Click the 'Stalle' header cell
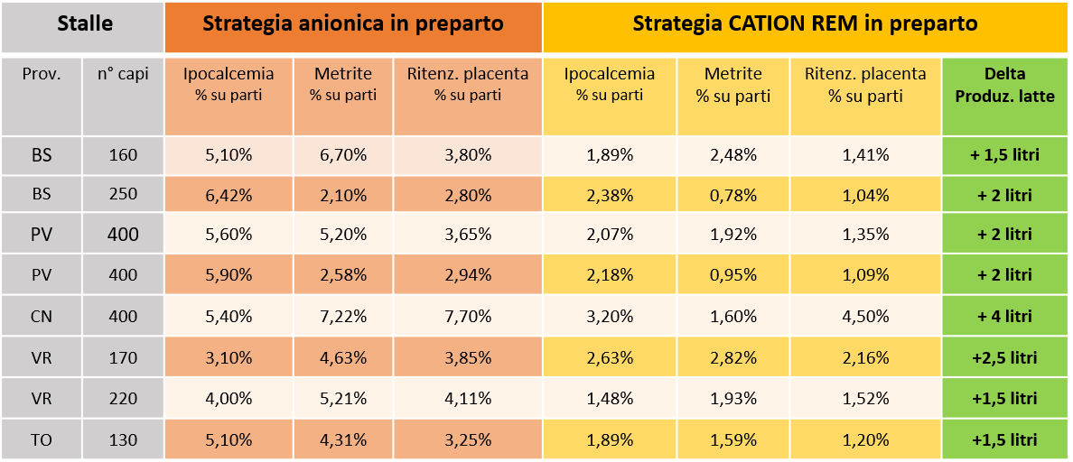(x=84, y=24)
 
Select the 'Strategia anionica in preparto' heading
(x=353, y=24)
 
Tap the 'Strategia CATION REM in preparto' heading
(x=805, y=24)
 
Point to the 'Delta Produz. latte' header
(x=1005, y=85)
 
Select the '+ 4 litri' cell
(x=1004, y=317)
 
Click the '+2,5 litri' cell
(x=1004, y=358)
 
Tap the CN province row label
(x=42, y=317)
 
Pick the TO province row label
(x=42, y=440)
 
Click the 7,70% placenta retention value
(x=467, y=317)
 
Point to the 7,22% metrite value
(x=343, y=317)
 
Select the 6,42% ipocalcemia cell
(x=229, y=194)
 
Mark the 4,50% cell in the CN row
(x=865, y=317)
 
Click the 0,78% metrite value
(x=732, y=194)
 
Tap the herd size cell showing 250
(x=123, y=194)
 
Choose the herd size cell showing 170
(x=123, y=358)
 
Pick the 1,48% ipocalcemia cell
(x=610, y=399)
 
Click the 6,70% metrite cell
(x=343, y=155)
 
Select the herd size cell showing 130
(x=123, y=440)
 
